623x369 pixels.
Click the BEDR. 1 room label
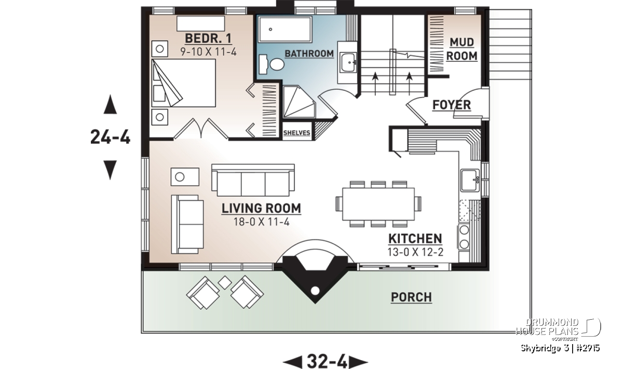(x=208, y=38)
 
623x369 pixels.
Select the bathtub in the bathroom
(x=285, y=29)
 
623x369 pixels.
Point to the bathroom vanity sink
(x=347, y=63)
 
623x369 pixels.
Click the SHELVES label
(x=296, y=133)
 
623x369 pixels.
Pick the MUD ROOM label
(x=462, y=49)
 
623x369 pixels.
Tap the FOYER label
(x=452, y=105)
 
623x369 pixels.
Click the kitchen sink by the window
(x=470, y=180)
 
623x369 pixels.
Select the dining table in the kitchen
(x=378, y=204)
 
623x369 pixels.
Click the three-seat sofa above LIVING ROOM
(x=253, y=180)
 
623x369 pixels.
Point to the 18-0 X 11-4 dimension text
(x=262, y=222)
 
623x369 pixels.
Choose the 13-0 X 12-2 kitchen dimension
(x=415, y=252)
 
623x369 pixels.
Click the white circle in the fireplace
(x=315, y=291)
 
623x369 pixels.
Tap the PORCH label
(x=411, y=297)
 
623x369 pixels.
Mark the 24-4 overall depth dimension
(x=111, y=137)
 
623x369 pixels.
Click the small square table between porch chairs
(x=225, y=282)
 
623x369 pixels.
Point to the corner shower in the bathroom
(x=299, y=102)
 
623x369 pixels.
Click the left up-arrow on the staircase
(x=375, y=84)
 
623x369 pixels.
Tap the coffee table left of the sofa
(x=185, y=177)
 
